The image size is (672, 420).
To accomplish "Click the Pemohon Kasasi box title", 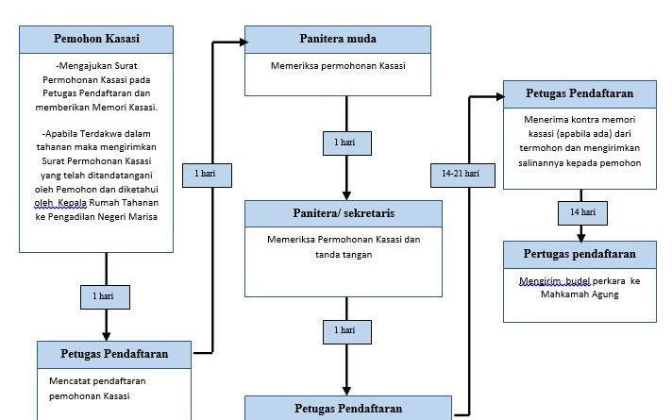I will point(96,39).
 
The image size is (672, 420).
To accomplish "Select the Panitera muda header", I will point(337,39).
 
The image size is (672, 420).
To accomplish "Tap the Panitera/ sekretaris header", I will point(344,213).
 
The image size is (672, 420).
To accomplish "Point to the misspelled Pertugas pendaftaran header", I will point(580,254).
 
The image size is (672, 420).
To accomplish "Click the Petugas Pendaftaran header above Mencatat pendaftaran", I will point(114,354).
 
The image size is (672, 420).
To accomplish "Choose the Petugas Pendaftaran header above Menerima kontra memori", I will point(580,94).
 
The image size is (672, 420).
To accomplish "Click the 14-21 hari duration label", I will point(461,173).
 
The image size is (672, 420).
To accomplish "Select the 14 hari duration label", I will point(581,212).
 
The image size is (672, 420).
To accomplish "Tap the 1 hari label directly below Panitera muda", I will point(346,143).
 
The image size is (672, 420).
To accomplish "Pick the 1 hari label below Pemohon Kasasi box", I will point(104,295).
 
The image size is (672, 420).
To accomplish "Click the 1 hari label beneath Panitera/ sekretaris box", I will point(345,330).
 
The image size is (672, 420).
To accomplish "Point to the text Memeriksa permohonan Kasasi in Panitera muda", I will point(337,66).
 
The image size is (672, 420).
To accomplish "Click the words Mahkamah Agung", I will point(580,294).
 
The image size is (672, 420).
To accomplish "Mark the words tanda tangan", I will point(344,254).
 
